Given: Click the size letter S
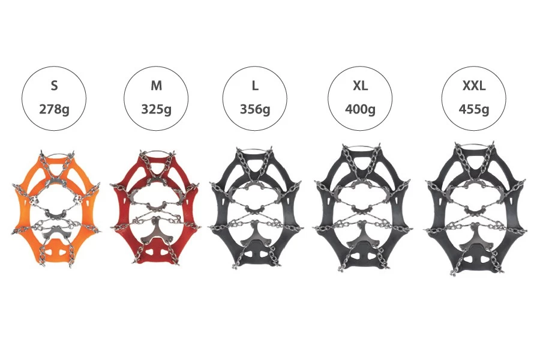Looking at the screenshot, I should pos(54,86).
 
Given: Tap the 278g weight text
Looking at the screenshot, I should pos(54,110).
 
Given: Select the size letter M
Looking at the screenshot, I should pos(156,86).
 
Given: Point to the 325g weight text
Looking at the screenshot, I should pos(156,110).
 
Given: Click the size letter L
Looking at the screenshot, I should pos(255,86).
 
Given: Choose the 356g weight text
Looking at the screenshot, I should pos(255,110).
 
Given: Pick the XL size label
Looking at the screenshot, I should pos(360,86).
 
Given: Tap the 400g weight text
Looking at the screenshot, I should pos(360,110).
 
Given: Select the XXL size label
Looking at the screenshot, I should pos(473,86).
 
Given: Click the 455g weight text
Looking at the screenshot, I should pos(473,110).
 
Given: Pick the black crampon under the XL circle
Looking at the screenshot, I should pos(361,207).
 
